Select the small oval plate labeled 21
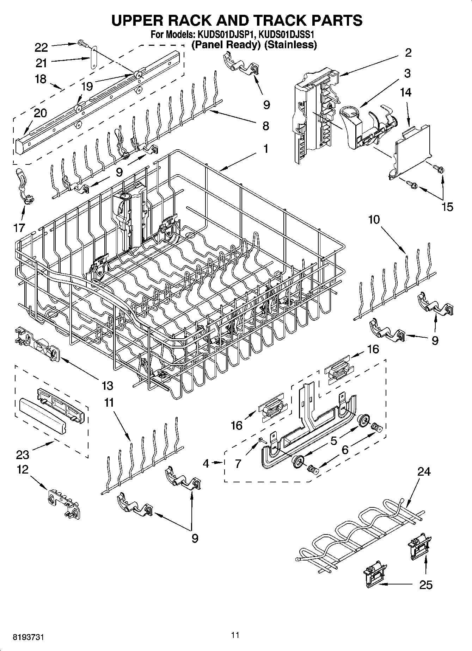pyautogui.click(x=93, y=58)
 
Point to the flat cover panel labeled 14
pyautogui.click(x=412, y=148)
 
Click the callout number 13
pyautogui.click(x=107, y=386)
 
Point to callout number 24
pyautogui.click(x=424, y=471)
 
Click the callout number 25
pyautogui.click(x=426, y=584)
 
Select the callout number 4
pyautogui.click(x=206, y=463)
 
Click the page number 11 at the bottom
pyautogui.click(x=235, y=635)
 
